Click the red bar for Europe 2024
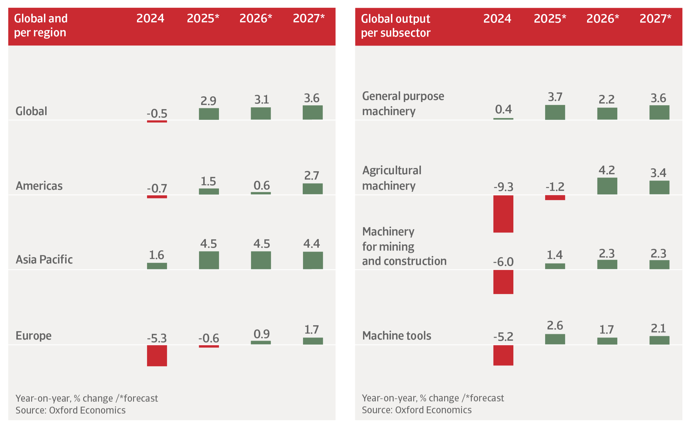tap(157, 355)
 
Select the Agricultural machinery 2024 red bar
tap(503, 214)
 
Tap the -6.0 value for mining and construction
tap(503, 262)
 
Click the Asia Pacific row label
tap(44, 259)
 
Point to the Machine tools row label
tap(397, 336)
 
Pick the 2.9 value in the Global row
tap(208, 101)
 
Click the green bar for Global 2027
tap(313, 112)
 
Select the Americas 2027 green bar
tap(313, 189)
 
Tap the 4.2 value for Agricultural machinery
tap(607, 170)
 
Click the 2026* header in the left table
tap(255, 18)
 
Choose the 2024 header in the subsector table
tap(497, 19)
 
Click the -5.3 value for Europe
tap(157, 338)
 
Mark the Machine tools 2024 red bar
tap(503, 355)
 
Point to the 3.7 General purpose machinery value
tap(555, 97)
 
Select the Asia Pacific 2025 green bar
tap(209, 260)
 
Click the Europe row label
tap(34, 336)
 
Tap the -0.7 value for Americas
tap(157, 188)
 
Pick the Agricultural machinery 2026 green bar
tap(607, 186)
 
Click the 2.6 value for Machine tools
tap(555, 325)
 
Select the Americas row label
tap(39, 186)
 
